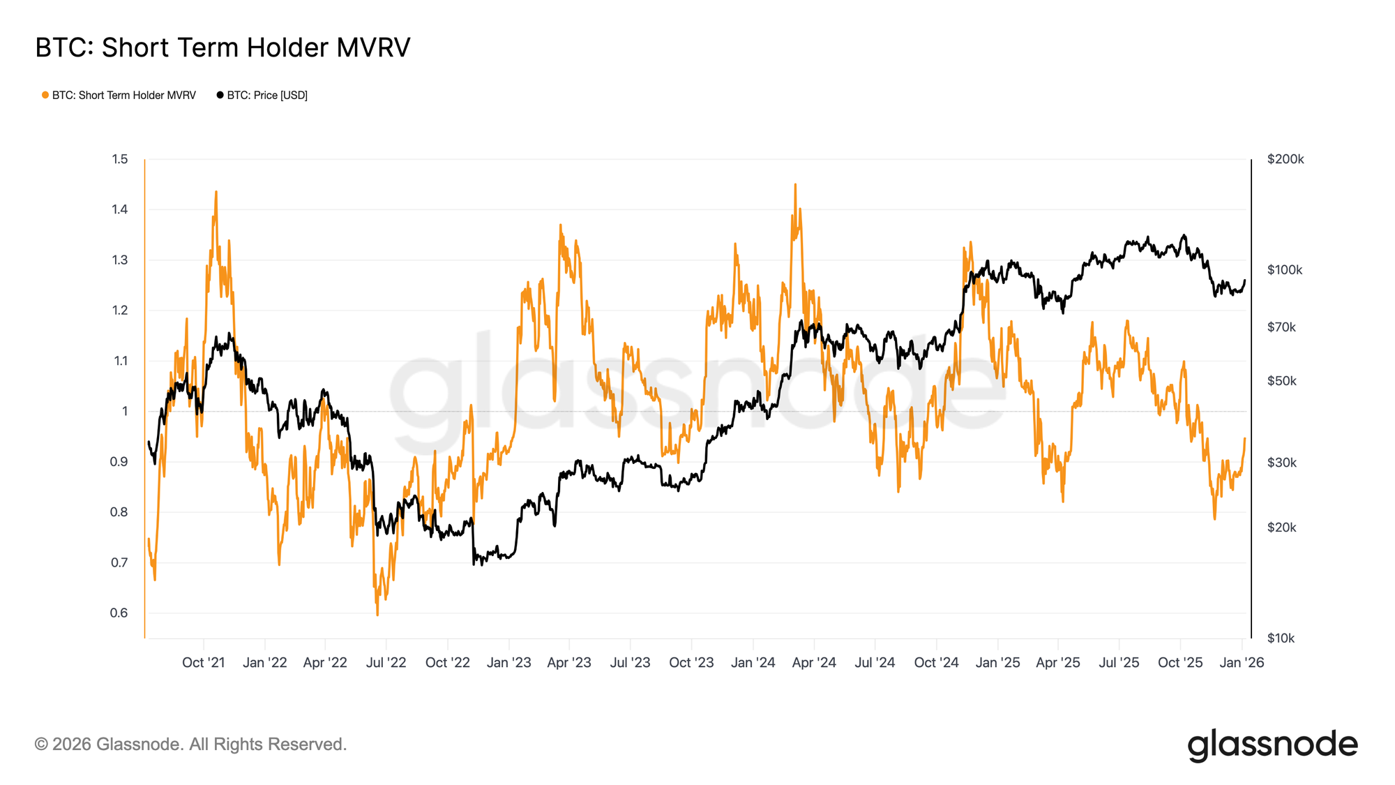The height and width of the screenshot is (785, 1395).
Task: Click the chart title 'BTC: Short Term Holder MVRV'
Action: click(x=223, y=47)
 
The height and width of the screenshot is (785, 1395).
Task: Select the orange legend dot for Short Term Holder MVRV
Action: click(x=45, y=95)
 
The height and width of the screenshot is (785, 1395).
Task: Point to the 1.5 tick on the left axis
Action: click(x=120, y=159)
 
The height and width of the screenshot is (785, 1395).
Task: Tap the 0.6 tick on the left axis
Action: click(x=119, y=613)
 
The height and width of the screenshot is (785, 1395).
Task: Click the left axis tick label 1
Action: click(x=125, y=411)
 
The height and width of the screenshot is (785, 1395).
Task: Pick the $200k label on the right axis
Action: click(x=1285, y=159)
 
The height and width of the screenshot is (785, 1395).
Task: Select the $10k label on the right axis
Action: click(x=1281, y=638)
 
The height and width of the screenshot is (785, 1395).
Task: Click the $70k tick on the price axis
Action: click(x=1281, y=327)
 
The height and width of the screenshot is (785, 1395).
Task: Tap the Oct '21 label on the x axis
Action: click(x=203, y=662)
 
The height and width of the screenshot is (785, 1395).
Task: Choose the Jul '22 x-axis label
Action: click(x=386, y=662)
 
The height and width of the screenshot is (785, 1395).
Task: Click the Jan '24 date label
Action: click(x=753, y=662)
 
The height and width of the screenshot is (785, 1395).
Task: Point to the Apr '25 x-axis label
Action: click(x=1057, y=662)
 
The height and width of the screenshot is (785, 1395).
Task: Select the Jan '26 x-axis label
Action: click(x=1241, y=662)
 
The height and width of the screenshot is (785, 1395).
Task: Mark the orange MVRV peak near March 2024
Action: click(x=795, y=184)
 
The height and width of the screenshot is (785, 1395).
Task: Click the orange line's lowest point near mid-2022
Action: click(x=377, y=615)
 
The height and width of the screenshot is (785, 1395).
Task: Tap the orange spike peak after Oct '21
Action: click(x=216, y=191)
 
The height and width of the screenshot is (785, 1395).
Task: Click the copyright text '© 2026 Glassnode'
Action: click(x=190, y=745)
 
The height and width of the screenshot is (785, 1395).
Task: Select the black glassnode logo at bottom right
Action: click(x=1272, y=745)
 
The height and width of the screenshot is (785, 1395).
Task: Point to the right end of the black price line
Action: click(x=1245, y=281)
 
